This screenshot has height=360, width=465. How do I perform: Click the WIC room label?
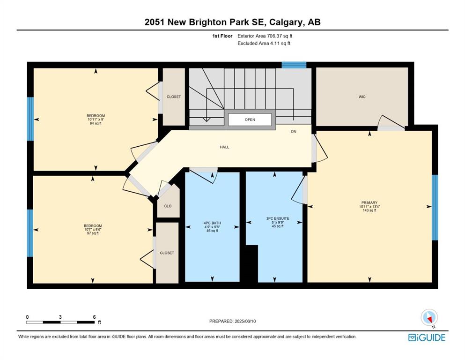[x=362, y=97]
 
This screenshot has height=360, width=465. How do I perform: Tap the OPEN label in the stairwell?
[x=250, y=120]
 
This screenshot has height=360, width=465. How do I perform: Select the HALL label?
[x=224, y=147]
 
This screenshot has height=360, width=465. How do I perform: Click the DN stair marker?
[x=293, y=131]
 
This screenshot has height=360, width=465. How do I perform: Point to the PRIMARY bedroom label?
[x=369, y=202]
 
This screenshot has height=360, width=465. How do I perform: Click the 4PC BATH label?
[x=212, y=223]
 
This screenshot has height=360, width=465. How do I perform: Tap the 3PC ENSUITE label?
[x=278, y=218]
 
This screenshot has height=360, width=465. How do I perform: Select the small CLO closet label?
[x=168, y=206]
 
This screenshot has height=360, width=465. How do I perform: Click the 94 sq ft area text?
[x=96, y=123]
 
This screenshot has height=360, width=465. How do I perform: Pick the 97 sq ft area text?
[x=93, y=233]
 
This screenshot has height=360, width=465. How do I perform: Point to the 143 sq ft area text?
[x=369, y=210]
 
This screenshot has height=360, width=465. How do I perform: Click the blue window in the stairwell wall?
[x=294, y=65]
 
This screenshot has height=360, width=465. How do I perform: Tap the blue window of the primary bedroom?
[x=435, y=207]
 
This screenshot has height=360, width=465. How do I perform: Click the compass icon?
[x=429, y=317]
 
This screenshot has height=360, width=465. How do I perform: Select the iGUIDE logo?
[x=427, y=338]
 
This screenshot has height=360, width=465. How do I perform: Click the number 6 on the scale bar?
[x=94, y=317]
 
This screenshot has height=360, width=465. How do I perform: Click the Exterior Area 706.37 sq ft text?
[x=265, y=36]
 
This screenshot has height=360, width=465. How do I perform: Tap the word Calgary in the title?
[x=287, y=22]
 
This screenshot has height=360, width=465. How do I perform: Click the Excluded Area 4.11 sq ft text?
[x=264, y=43]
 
